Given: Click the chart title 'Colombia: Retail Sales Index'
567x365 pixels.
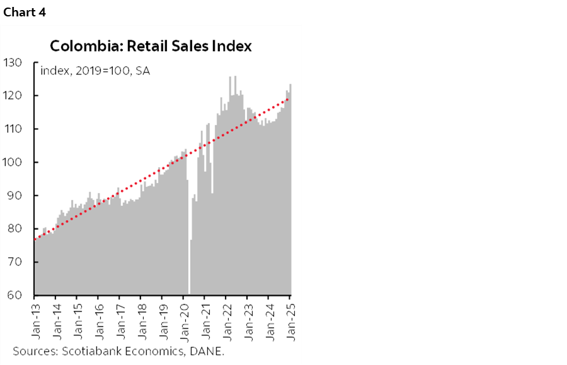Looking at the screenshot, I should (x=151, y=46).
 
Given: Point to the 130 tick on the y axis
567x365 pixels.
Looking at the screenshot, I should (x=13, y=62).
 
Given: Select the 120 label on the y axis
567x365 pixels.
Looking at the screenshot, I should (x=13, y=96).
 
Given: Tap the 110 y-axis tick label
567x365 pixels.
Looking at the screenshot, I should (x=13, y=129).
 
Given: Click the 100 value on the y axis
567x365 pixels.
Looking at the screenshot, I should (x=13, y=163).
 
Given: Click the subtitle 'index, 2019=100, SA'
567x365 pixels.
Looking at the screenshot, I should (x=95, y=70).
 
